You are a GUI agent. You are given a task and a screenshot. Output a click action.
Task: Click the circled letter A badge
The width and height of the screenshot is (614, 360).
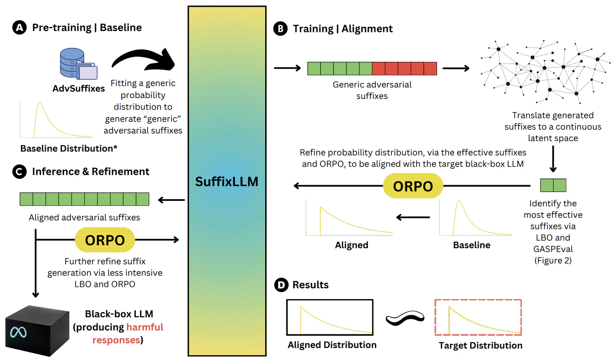tap(19, 28)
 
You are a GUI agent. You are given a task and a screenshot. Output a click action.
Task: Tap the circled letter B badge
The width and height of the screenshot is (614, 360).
tap(280, 29)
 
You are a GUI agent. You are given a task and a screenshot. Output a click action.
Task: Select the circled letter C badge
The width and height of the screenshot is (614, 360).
tap(19, 172)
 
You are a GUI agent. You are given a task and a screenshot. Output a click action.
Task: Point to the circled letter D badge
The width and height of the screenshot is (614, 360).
tap(281, 285)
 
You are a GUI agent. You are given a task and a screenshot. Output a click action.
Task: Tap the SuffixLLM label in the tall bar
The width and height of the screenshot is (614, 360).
tap(227, 182)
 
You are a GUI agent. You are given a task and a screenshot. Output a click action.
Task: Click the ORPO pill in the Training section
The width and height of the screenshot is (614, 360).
tap(413, 186)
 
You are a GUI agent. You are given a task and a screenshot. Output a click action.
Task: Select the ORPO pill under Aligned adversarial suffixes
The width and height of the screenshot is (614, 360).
tap(105, 240)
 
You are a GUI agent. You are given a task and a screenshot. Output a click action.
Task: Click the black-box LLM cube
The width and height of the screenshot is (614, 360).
tap(37, 331)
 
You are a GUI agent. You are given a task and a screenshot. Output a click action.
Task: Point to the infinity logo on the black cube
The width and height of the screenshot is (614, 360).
tap(18, 332)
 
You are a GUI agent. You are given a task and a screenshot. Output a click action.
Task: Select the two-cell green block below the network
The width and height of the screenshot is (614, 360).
tap(553, 185)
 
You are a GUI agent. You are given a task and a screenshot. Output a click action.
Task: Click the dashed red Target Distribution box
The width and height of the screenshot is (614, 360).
tap(478, 317)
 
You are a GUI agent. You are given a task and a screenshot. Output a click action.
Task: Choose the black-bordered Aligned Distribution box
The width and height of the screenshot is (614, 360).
tap(330, 317)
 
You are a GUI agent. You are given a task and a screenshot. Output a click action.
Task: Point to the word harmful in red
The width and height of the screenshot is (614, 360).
tap(145, 327)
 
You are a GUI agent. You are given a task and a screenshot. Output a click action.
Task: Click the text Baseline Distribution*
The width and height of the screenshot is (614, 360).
tap(69, 148)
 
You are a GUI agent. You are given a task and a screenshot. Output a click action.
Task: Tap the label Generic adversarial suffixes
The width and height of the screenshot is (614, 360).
tap(372, 90)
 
